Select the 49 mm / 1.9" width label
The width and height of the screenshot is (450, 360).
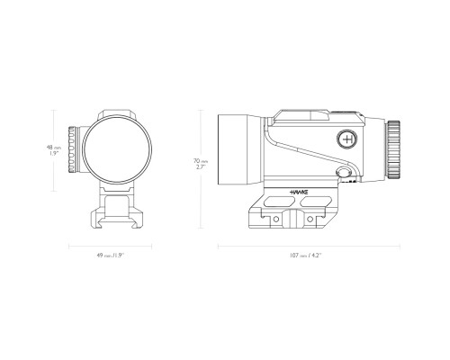pos(111,256)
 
